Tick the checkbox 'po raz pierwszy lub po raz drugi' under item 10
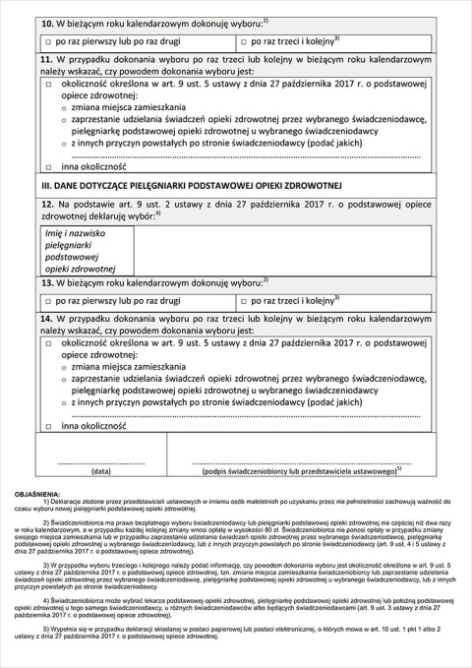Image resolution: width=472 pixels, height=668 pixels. point(47,43)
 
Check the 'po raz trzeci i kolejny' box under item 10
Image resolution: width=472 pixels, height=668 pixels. point(245,43)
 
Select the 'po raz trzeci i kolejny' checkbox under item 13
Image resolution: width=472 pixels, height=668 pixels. point(245,298)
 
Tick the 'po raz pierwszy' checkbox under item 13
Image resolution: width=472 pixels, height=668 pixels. point(47,298)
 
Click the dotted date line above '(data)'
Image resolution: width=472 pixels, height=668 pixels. point(100,462)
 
